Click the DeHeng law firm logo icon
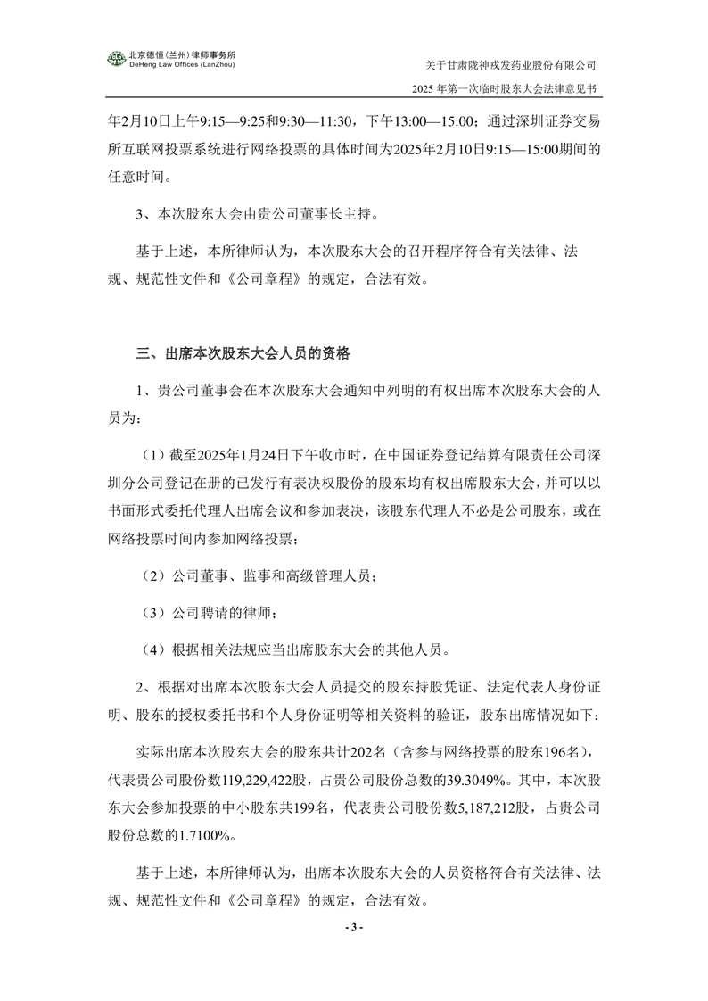(x=117, y=60)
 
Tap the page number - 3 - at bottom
(x=354, y=927)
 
